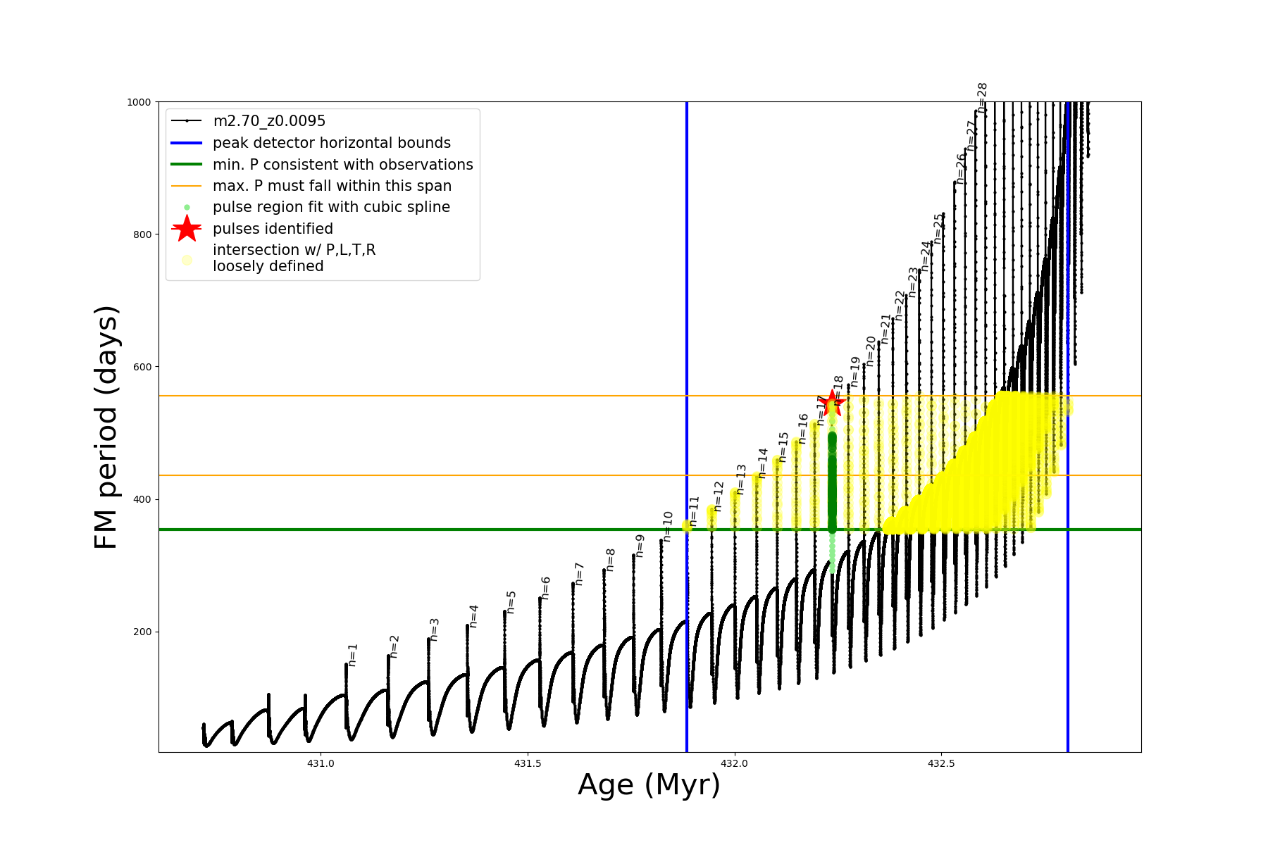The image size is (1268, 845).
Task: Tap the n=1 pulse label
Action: point(353,654)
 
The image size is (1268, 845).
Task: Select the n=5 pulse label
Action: point(511,602)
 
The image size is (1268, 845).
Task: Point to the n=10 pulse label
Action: point(668,525)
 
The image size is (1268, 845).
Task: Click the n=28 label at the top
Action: point(983,97)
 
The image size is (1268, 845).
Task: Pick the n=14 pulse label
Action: point(763,463)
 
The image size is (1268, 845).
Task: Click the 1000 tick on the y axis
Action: point(139,102)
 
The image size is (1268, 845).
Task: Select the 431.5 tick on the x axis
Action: point(528,763)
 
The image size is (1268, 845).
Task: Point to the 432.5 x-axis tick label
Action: point(942,763)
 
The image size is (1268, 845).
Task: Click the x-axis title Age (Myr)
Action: point(649,785)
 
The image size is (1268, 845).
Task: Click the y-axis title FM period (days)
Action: point(106,427)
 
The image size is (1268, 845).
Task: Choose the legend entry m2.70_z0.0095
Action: point(269,121)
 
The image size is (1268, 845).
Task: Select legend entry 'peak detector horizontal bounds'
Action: point(332,143)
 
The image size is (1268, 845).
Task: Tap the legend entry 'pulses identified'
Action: point(273,229)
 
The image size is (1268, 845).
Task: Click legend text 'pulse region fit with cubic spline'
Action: point(331,207)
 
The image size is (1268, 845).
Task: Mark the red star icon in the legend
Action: point(187,229)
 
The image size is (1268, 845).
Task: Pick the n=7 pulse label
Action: point(579,573)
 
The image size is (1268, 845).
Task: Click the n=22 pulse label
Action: point(900,305)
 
